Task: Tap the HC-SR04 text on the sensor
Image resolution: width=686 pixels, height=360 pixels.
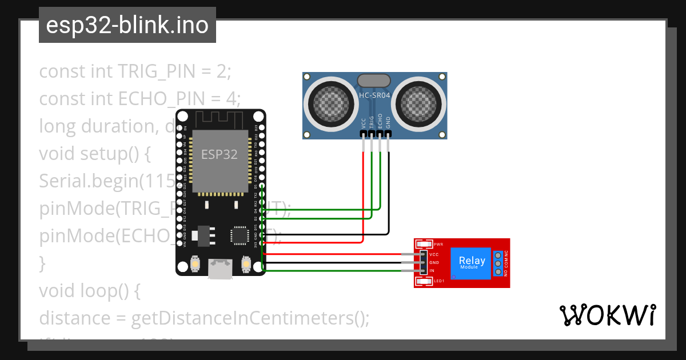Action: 374,95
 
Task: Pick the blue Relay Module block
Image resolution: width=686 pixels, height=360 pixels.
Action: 472,263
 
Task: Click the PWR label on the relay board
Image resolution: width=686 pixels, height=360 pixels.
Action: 438,245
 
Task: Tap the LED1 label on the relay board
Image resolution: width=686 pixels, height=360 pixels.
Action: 438,281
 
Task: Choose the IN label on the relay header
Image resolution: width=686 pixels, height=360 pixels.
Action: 432,270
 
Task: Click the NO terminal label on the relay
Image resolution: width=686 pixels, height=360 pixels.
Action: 506,273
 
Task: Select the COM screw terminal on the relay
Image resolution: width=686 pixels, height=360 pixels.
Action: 498,263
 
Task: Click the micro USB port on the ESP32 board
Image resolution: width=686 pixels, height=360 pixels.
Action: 220,269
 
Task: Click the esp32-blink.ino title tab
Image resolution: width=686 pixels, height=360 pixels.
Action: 127,25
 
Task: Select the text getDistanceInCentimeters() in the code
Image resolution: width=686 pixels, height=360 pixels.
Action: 250,318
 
